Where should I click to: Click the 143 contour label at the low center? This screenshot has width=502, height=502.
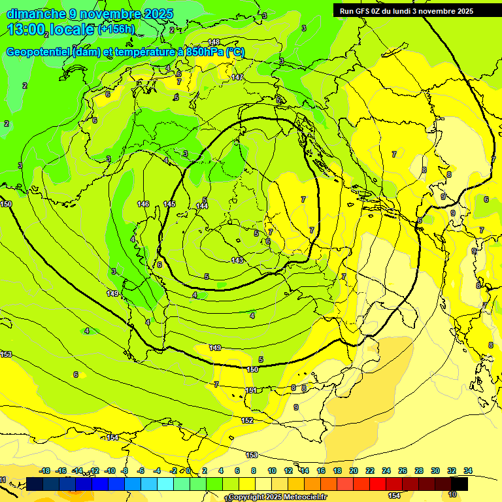[237, 260]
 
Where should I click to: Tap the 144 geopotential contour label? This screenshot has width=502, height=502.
[202, 207]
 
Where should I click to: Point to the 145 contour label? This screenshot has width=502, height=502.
[169, 205]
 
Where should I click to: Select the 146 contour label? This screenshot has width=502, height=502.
[143, 205]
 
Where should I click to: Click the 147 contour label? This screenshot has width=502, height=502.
[237, 77]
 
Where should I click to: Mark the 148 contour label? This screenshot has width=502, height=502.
[214, 42]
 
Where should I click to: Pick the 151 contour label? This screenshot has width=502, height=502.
[251, 390]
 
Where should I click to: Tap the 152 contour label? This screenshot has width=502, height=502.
[247, 420]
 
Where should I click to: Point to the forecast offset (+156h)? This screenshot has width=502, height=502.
[116, 29]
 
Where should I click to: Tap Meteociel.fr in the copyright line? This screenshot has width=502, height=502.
[306, 497]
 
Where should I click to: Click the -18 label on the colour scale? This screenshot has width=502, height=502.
[44, 471]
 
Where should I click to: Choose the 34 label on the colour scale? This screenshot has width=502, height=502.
[468, 471]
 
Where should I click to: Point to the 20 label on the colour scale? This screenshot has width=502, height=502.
[354, 471]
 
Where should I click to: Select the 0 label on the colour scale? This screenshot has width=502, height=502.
[188, 471]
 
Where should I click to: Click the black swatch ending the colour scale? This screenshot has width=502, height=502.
[460, 484]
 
